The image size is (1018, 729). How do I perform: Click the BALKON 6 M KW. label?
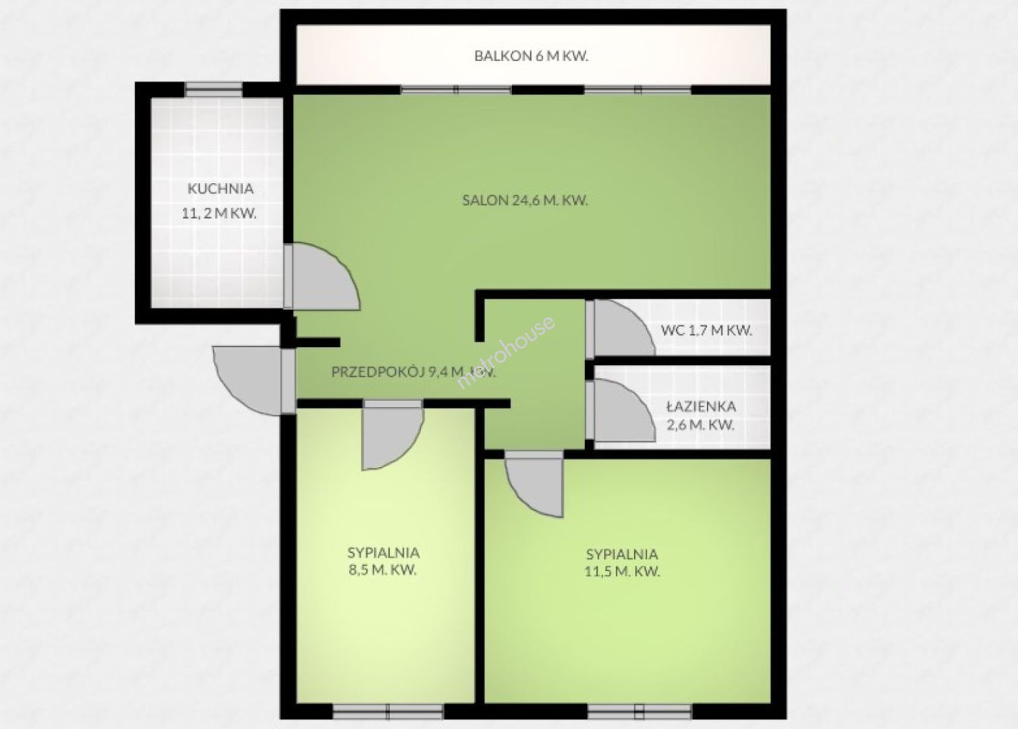532,56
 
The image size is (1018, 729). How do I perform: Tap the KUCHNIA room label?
221,189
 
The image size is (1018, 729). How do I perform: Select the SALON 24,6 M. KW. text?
525,200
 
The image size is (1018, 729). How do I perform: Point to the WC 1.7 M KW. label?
706,331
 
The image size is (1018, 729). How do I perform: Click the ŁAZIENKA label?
701,406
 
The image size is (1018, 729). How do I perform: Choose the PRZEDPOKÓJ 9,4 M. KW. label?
413,372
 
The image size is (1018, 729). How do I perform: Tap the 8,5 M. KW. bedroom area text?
383,570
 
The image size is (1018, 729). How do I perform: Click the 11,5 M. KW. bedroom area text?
622,571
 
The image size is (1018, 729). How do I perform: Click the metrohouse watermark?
505,352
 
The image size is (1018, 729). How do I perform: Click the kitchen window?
214,89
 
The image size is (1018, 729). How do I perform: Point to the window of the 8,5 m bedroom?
388,711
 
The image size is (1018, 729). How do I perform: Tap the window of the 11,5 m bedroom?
640,711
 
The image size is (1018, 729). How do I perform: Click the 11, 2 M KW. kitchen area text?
219,213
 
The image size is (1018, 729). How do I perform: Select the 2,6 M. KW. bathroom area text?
700,425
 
